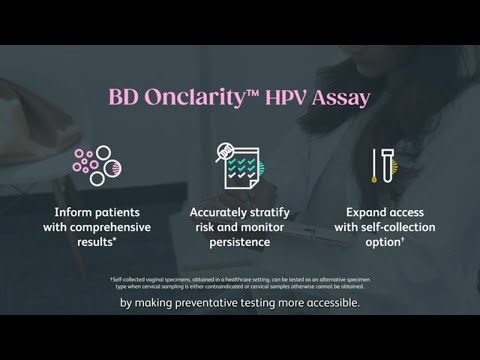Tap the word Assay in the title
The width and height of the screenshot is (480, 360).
(x=336, y=98)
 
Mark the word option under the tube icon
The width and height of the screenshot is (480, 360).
(x=384, y=242)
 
